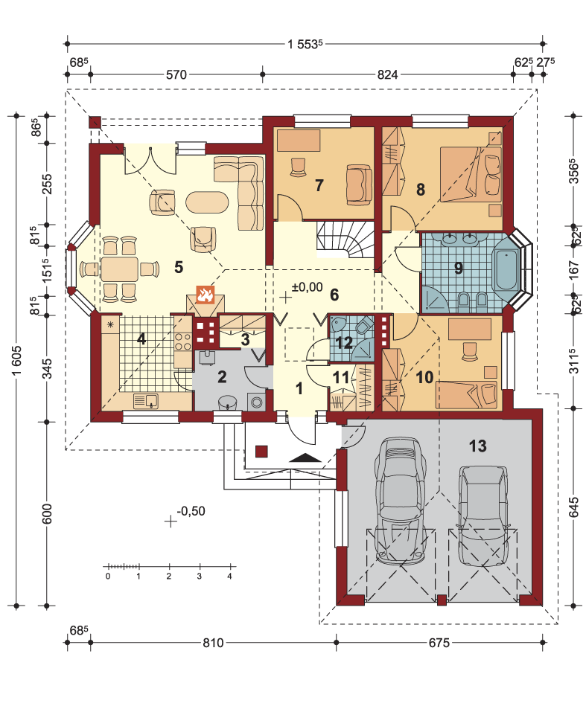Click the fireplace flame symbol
205,295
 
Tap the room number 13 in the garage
477,446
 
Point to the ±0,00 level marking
307,287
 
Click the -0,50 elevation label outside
191,510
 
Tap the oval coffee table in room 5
207,202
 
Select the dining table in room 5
119,269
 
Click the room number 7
319,185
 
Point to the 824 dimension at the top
387,74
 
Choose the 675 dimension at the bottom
439,643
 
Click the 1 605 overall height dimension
16,361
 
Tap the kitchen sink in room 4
146,401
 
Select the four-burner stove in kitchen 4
183,341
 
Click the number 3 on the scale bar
200,576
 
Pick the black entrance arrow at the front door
305,458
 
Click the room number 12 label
344,343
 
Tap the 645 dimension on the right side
573,507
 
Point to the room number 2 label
222,377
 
